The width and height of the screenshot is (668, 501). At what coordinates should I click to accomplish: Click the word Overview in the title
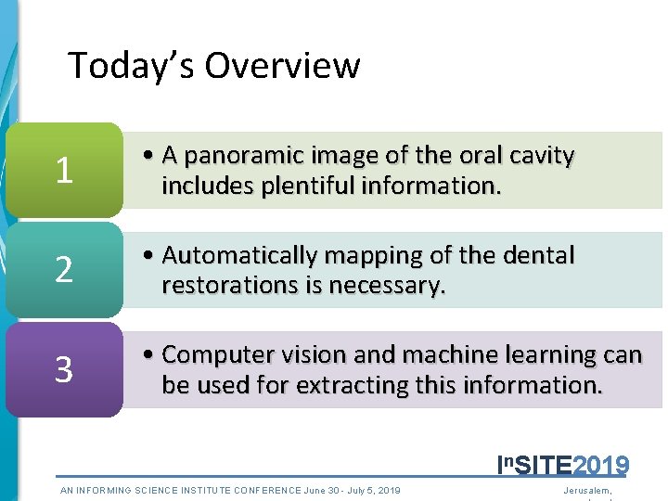point(282,66)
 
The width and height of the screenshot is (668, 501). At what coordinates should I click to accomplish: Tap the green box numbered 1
point(64,171)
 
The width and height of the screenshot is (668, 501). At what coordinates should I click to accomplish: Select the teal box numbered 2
point(64,270)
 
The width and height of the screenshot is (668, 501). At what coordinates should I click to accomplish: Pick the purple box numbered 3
point(64,370)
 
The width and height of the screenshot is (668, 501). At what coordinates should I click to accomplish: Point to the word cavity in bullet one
point(541,157)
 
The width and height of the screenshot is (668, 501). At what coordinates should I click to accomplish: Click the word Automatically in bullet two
point(243,255)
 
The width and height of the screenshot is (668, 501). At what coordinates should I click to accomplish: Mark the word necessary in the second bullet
point(395,285)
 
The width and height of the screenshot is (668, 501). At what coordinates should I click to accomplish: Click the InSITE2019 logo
point(563,465)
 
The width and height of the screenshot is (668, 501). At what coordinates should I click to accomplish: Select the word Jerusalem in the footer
point(588,490)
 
